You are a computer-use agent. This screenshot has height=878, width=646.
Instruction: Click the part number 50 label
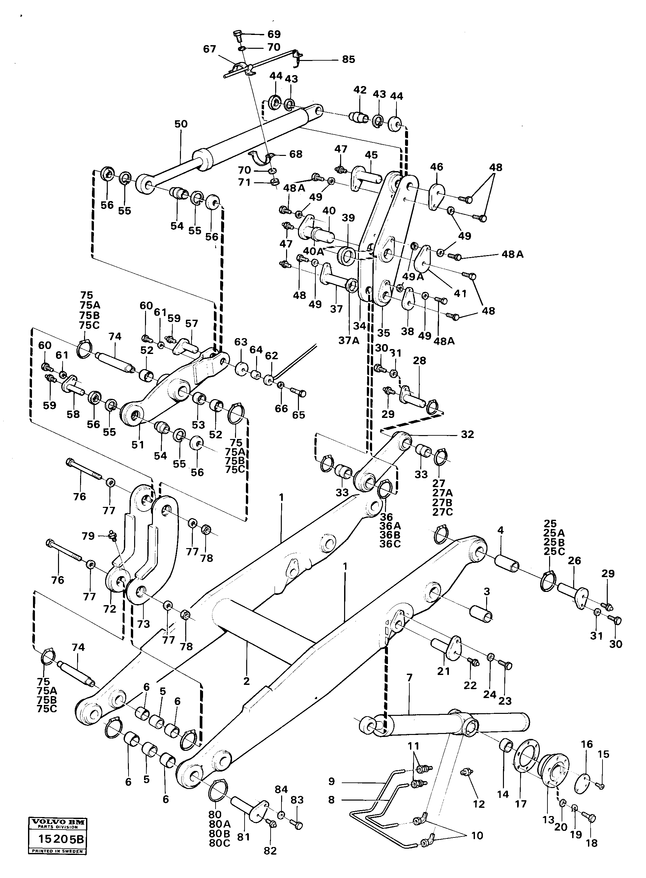pos(181,124)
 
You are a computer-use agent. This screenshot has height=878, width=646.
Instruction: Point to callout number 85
pos(348,59)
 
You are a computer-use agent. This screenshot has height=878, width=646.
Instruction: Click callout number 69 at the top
pos(274,34)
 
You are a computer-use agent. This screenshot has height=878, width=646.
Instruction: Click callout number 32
pos(467,434)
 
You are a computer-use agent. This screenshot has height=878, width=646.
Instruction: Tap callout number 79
pos(88,536)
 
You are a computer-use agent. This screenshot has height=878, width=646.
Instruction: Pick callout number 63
pos(241,342)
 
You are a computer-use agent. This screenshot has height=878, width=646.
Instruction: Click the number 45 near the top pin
pos(371,155)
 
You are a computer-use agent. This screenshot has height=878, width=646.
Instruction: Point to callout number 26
pos(574,560)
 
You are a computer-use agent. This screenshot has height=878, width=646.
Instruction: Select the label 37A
pos(349,341)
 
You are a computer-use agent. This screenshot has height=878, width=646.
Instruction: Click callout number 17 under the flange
pos(521,804)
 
